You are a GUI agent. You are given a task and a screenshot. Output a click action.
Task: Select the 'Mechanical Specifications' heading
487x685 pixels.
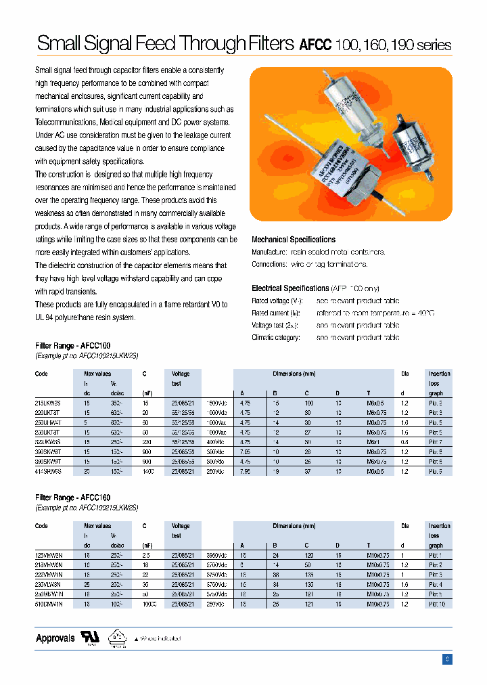click(293, 240)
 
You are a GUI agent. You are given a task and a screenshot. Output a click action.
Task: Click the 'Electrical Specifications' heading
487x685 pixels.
click(290, 288)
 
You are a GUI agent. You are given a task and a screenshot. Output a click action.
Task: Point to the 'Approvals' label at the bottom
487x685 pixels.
click(55, 638)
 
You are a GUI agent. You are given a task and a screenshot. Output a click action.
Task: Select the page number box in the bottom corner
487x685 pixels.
click(447, 659)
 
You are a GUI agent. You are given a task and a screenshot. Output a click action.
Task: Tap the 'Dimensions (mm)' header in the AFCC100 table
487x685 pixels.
click(294, 374)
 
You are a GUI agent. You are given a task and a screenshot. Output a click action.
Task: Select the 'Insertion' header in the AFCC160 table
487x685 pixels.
click(439, 526)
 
